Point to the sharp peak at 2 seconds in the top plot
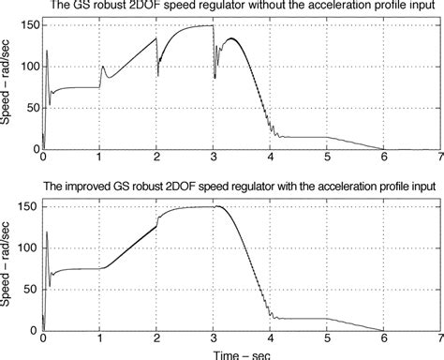[x=155, y=37]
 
